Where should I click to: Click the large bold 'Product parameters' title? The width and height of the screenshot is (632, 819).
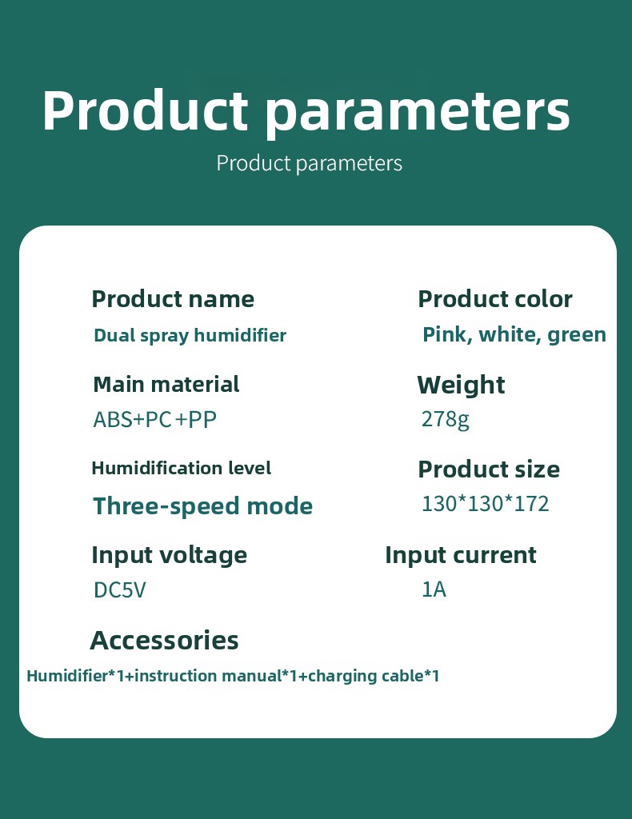point(306,112)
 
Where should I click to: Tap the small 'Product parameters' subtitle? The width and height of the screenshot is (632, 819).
point(310,163)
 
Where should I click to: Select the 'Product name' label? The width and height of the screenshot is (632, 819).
point(173,299)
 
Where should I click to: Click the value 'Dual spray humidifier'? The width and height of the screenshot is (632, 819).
point(190,335)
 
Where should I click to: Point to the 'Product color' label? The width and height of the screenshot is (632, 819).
point(495,299)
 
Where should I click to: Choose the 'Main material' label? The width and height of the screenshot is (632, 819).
point(166,385)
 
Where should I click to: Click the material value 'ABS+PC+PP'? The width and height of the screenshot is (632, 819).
point(154,419)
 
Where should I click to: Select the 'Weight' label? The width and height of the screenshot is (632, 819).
point(462,386)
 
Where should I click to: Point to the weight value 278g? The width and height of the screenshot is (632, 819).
point(446,419)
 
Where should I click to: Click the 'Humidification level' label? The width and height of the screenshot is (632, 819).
point(182,468)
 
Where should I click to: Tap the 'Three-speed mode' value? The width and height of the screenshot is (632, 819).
point(202,506)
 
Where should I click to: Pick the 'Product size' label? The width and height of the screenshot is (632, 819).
point(489,469)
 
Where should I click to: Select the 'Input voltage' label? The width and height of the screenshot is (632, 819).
point(170,555)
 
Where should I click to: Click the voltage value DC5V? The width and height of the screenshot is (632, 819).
point(120,590)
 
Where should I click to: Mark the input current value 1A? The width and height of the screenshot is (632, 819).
point(434,589)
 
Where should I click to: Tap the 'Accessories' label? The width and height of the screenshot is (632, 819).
point(165,641)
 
